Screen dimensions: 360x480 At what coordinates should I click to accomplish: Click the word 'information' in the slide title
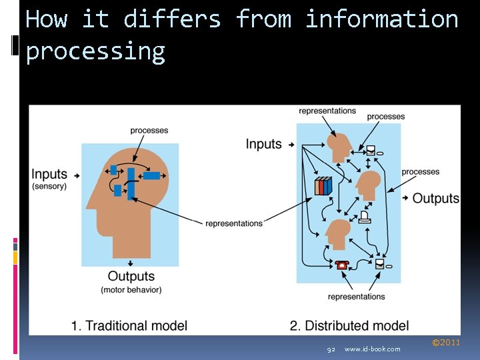381,19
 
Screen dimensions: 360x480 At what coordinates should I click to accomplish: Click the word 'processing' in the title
95,51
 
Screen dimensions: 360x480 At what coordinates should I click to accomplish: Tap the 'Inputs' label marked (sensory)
49,175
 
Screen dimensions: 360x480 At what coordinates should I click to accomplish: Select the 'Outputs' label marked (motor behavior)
131,276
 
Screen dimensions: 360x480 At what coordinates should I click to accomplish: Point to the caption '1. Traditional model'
129,325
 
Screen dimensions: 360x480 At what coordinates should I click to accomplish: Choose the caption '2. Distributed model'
349,325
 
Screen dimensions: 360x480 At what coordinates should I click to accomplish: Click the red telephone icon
343,264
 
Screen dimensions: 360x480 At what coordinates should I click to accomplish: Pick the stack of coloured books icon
323,186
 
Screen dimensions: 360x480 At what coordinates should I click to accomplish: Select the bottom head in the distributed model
338,233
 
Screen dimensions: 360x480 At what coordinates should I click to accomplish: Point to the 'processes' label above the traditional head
149,131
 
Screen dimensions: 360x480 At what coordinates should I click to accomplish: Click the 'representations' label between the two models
234,223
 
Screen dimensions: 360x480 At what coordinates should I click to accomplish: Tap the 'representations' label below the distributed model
357,297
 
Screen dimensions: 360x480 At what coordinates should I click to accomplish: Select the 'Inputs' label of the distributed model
264,144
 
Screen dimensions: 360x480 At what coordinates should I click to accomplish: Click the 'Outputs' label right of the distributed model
436,198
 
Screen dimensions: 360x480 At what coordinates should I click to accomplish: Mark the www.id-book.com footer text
373,349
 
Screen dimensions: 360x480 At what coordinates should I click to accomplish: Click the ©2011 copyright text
446,343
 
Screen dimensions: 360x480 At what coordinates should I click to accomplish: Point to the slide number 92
331,349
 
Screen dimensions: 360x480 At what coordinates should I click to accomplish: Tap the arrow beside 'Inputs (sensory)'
77,175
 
